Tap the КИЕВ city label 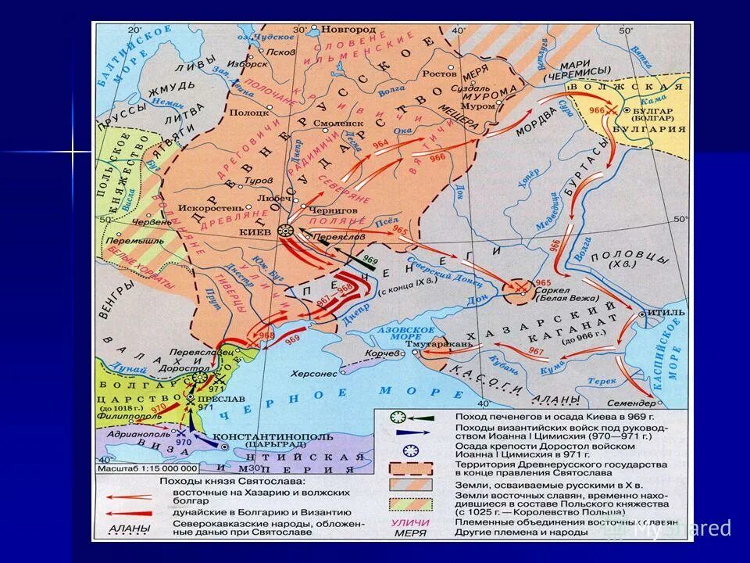258,233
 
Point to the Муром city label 477,106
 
